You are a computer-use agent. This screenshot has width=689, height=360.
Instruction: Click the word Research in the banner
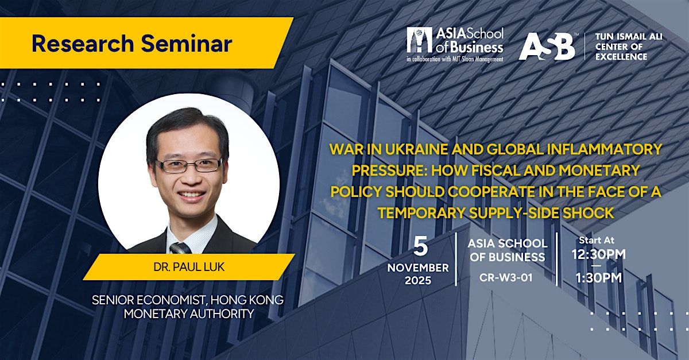[83, 44]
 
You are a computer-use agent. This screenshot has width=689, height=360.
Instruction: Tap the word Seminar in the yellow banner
[187, 44]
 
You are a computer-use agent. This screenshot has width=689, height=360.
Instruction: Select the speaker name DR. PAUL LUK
[189, 267]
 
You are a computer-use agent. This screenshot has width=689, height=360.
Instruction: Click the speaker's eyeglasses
[188, 165]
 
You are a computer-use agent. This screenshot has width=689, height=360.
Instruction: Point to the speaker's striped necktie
[180, 248]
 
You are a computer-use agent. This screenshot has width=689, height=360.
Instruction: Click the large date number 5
[420, 246]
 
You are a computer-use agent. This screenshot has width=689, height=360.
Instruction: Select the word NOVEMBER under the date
[418, 268]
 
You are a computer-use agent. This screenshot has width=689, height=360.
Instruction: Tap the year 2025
[418, 281]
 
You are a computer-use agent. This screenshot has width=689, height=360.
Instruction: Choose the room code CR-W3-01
[506, 278]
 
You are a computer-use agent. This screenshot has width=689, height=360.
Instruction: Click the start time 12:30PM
[598, 254]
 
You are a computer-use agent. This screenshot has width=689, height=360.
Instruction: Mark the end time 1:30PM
[598, 278]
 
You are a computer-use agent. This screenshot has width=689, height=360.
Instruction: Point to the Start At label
[597, 240]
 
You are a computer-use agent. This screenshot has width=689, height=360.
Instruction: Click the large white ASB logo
[547, 46]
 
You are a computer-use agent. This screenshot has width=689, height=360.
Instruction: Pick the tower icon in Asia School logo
[420, 40]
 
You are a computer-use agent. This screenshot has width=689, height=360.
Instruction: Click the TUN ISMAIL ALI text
[629, 37]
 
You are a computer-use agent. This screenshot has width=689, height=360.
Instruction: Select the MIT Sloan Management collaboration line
[455, 59]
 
